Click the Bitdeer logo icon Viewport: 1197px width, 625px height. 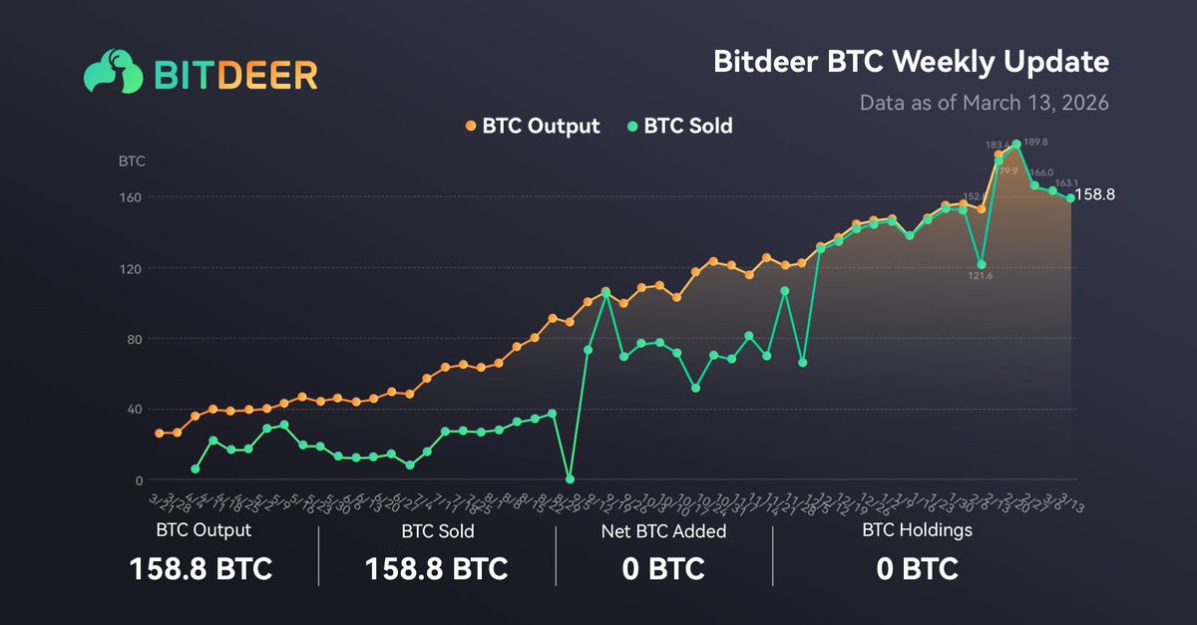(x=114, y=73)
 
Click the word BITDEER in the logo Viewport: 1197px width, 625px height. (x=236, y=74)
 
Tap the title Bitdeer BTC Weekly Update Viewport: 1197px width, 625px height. (x=911, y=62)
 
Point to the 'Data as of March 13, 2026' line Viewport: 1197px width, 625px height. (x=985, y=102)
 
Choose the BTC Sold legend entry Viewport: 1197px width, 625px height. (x=680, y=127)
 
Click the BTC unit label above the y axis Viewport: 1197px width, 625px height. (x=132, y=160)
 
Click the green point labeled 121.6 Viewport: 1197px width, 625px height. (x=982, y=265)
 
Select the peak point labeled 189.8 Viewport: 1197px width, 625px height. (x=1016, y=145)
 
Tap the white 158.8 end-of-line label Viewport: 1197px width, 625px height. (x=1095, y=195)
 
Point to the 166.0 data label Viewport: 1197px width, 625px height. (x=1041, y=172)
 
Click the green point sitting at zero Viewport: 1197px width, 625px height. (x=570, y=479)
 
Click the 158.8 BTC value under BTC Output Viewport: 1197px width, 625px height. (x=200, y=569)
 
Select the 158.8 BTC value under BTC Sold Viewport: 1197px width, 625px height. (x=437, y=569)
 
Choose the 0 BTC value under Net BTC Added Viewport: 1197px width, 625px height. (x=663, y=569)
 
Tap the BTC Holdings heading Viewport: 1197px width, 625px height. (x=917, y=530)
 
